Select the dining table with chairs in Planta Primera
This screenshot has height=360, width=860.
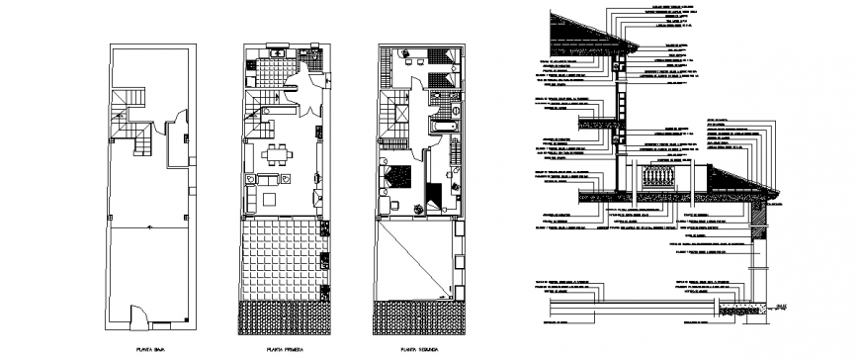[x=278, y=154]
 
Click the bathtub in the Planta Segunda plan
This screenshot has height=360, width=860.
[x=442, y=127]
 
